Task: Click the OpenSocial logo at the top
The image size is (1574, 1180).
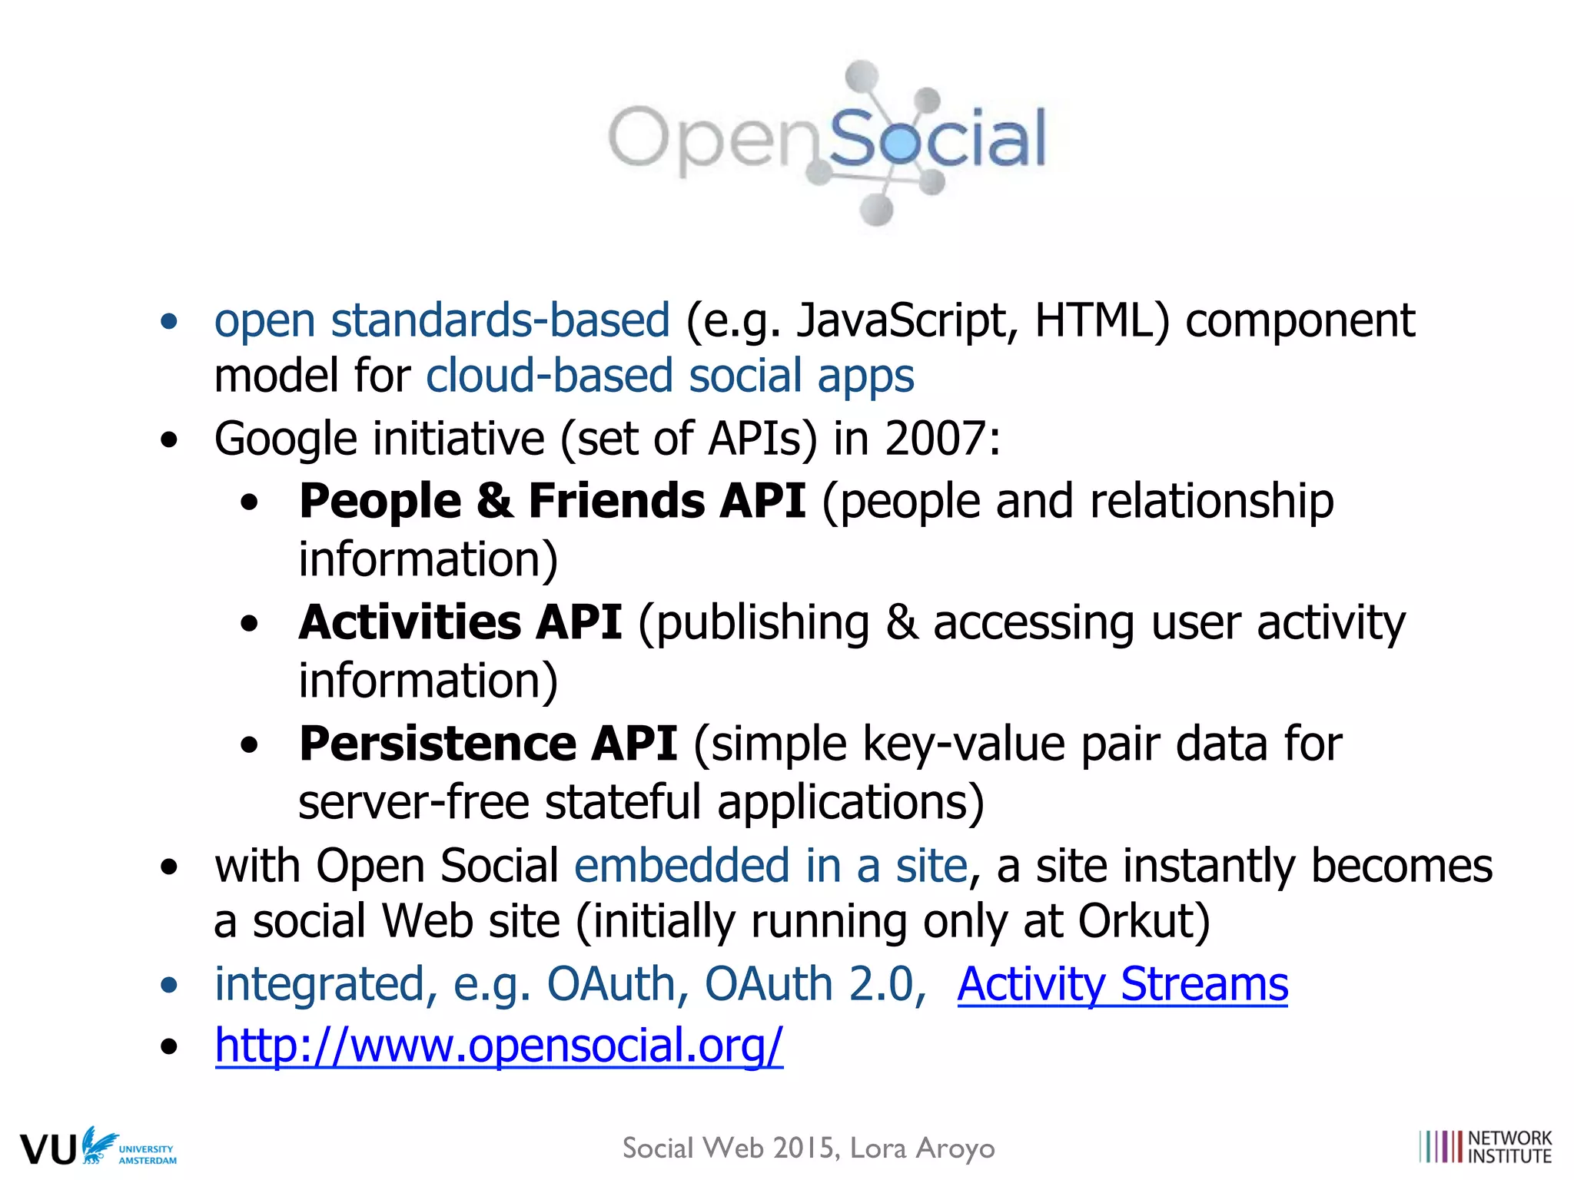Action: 827,142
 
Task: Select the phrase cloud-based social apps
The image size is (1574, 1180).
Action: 670,376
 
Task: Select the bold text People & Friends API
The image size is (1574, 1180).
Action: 552,502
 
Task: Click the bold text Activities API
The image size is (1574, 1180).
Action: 460,622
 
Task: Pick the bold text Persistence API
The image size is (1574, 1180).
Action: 488,744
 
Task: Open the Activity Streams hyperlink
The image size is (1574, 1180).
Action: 1122,984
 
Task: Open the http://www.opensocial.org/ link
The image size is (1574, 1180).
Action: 499,1046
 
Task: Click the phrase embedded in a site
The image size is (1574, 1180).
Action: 771,866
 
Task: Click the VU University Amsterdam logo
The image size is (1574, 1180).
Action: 98,1147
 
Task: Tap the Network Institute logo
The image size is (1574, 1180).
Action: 1486,1147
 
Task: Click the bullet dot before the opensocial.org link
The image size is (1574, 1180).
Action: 169,1046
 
